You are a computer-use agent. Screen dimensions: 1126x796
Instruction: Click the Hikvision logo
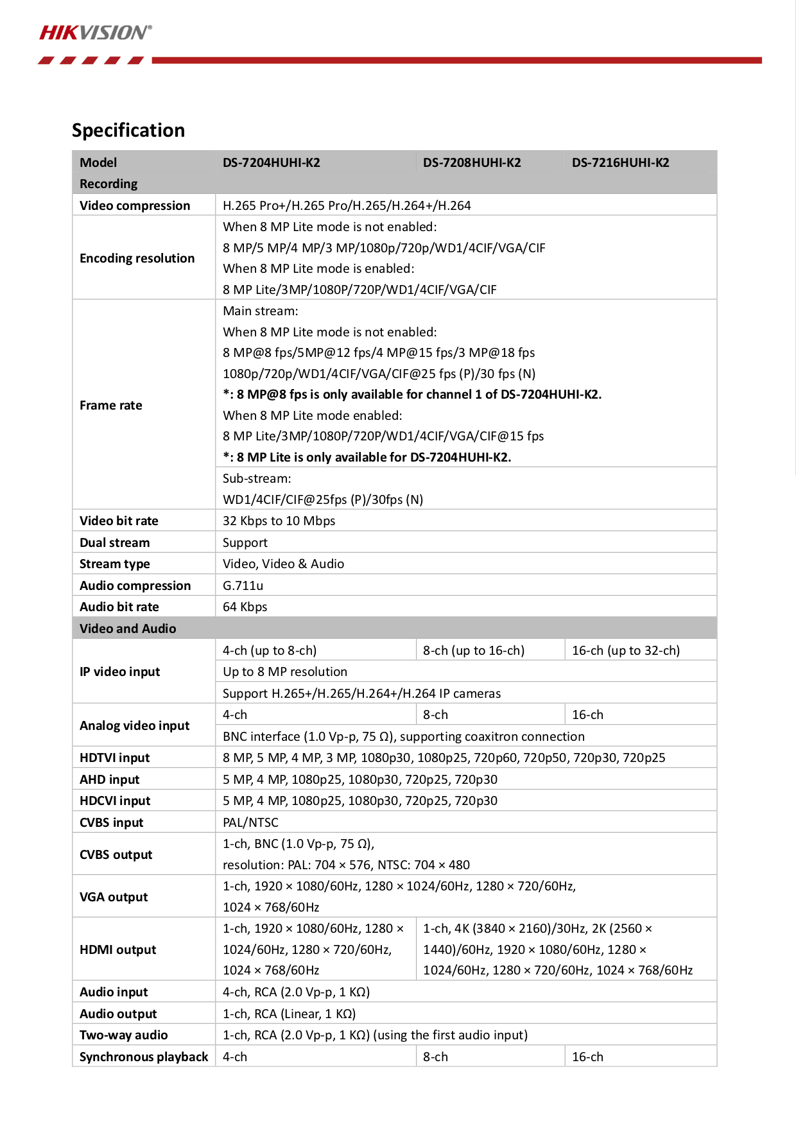click(x=96, y=33)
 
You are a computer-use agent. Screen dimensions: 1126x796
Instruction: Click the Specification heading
click(x=128, y=130)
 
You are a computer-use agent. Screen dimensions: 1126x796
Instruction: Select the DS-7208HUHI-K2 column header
click(x=471, y=162)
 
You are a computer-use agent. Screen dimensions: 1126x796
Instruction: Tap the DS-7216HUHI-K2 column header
click(x=620, y=162)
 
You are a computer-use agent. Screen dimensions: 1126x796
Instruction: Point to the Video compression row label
click(x=135, y=205)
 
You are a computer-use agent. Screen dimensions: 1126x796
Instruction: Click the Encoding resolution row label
click(x=137, y=258)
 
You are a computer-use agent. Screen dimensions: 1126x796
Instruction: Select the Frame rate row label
click(x=111, y=405)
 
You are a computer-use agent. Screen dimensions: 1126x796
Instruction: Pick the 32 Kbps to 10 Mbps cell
click(x=279, y=521)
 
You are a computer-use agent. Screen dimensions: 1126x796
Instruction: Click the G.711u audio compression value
click(x=243, y=585)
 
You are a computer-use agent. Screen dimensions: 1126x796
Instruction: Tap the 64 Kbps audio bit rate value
click(x=245, y=607)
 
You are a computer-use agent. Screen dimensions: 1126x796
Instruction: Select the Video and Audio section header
click(x=128, y=628)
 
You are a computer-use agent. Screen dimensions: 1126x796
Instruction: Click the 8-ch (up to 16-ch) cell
click(x=473, y=650)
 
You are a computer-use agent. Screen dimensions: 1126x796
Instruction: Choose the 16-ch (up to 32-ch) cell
click(x=625, y=650)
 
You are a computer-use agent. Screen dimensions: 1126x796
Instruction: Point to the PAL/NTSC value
click(x=250, y=822)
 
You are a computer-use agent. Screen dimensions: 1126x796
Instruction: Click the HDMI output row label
click(x=117, y=949)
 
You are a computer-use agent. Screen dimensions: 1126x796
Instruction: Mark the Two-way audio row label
click(x=123, y=1035)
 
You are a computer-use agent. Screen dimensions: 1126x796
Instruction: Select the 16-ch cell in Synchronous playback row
click(x=587, y=1057)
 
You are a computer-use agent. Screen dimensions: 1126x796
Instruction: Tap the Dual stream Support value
click(x=245, y=542)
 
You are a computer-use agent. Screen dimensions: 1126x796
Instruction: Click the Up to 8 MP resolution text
click(x=284, y=671)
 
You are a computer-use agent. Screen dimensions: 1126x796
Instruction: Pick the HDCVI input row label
click(x=115, y=801)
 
